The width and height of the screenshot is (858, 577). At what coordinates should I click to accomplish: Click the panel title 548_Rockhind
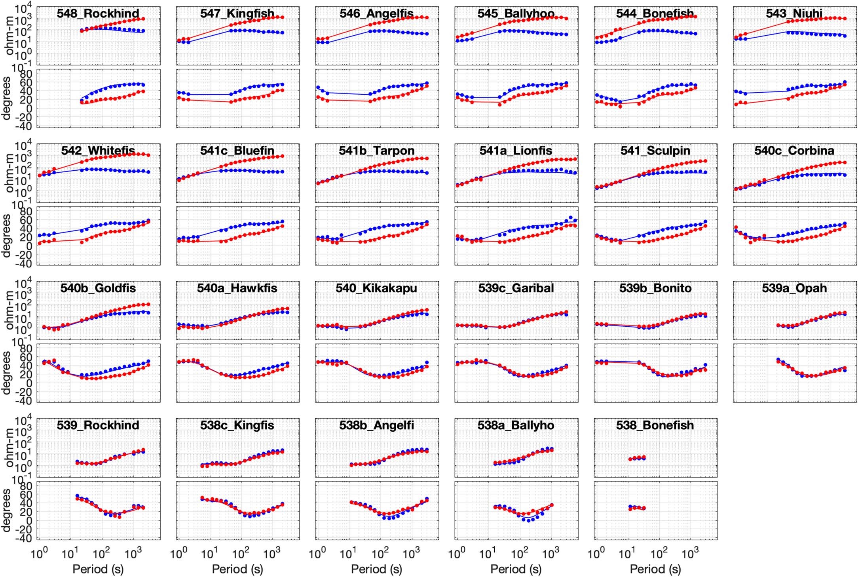(98, 13)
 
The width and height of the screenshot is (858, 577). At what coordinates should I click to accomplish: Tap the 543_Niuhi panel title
(794, 13)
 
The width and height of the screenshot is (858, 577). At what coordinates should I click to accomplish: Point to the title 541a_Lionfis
(516, 151)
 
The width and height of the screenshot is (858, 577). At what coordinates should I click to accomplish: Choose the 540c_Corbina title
(794, 151)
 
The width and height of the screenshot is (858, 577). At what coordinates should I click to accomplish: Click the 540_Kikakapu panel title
(376, 288)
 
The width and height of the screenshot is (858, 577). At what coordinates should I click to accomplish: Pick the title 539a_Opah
(794, 288)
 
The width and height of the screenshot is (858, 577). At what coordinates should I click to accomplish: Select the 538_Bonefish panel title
(655, 425)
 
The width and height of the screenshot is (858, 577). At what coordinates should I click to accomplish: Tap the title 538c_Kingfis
(237, 425)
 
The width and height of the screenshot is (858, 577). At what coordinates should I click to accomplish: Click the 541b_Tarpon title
(376, 151)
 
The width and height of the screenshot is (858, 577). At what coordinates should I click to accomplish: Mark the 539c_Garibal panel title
(516, 288)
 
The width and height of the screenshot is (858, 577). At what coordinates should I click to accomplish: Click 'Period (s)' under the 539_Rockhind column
(98, 569)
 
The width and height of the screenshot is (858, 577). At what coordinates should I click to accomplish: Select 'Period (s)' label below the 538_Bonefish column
(655, 569)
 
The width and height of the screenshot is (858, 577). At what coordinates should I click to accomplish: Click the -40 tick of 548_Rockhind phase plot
(25, 126)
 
